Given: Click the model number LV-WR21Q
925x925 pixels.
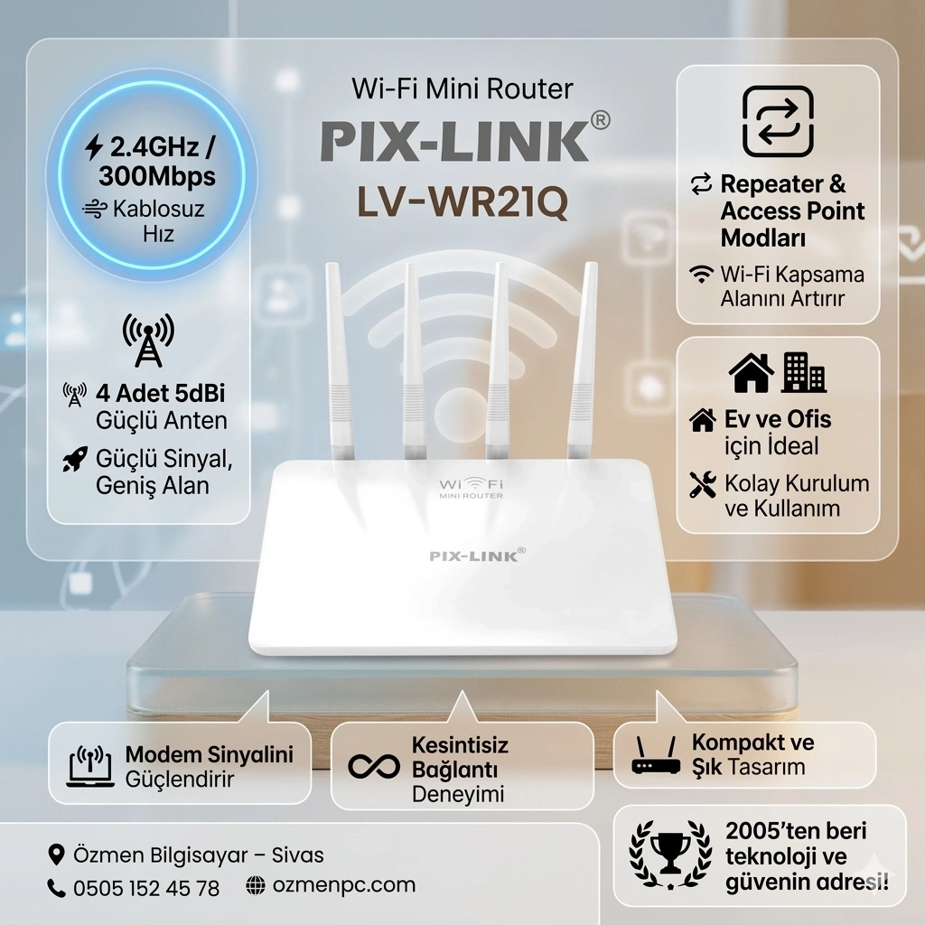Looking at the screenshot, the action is [x=462, y=201].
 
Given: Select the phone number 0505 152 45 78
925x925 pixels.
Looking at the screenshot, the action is [x=146, y=888].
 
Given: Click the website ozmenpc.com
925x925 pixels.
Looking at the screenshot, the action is [x=344, y=885].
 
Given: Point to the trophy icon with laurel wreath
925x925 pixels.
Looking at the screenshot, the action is [x=670, y=854].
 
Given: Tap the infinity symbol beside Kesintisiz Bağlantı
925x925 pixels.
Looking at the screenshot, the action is [x=374, y=766].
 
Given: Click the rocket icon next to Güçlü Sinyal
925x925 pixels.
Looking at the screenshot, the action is [x=75, y=459].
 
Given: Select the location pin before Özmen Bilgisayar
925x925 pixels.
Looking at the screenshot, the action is [x=56, y=855].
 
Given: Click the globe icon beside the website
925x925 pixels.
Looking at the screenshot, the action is [x=256, y=885].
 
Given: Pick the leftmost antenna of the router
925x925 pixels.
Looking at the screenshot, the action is [x=340, y=360].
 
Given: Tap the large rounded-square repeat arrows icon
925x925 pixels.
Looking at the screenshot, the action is [x=778, y=122].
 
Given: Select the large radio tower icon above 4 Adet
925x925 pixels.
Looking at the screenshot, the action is [x=148, y=340].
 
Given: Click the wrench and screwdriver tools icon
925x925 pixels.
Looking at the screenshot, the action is [x=703, y=484].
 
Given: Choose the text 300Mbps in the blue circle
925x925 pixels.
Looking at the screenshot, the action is [x=157, y=176].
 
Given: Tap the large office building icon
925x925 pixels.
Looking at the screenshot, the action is [x=803, y=373].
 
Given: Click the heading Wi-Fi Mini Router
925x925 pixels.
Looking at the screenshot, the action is [x=462, y=89].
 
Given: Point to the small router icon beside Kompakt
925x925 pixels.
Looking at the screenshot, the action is [x=656, y=754].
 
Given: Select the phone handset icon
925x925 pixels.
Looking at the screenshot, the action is [x=56, y=888].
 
